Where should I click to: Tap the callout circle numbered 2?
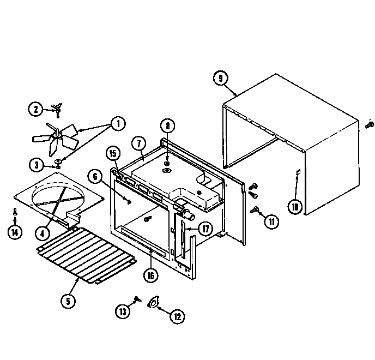click(35, 109)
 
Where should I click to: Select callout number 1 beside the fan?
click(117, 124)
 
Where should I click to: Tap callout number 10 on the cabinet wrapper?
click(295, 206)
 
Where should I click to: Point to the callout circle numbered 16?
click(151, 275)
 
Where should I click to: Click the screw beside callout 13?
click(136, 299)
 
